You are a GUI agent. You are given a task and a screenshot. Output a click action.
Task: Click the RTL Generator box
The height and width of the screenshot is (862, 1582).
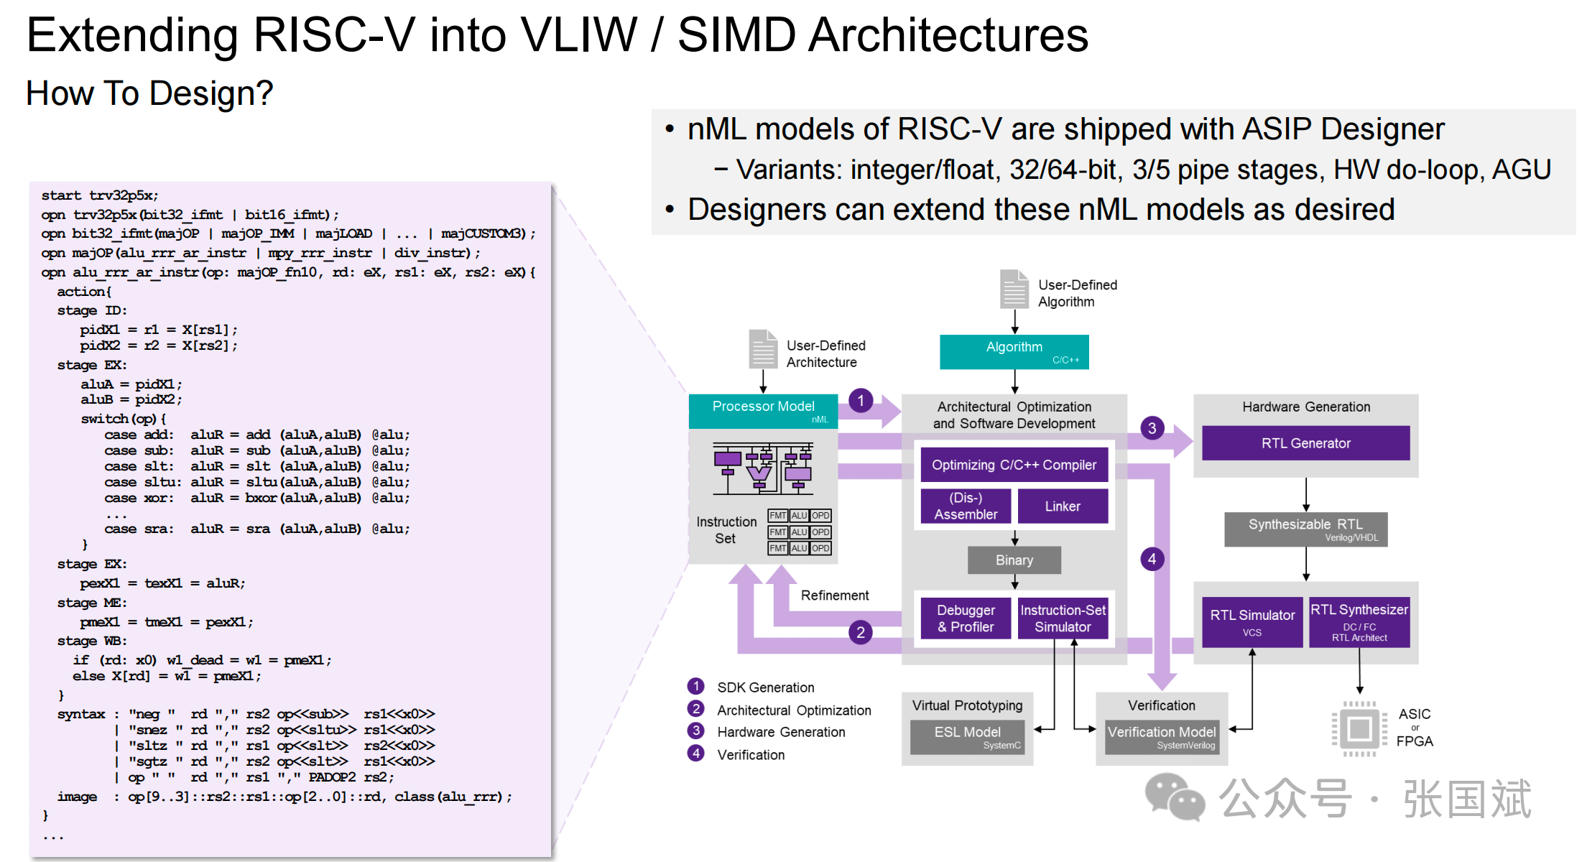click(1305, 443)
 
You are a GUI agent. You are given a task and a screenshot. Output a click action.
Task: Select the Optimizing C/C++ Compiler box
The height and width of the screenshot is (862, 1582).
click(1014, 465)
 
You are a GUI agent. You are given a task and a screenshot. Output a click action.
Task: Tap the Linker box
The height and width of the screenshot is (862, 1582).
click(1063, 506)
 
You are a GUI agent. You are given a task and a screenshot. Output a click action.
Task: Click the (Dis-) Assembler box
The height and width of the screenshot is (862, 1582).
click(966, 506)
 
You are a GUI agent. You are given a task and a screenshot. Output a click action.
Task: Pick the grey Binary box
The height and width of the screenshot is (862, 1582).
click(1014, 560)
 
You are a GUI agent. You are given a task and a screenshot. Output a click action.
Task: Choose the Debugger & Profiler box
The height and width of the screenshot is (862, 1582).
click(966, 618)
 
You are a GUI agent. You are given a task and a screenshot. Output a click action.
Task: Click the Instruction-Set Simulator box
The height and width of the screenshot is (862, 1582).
click(1063, 618)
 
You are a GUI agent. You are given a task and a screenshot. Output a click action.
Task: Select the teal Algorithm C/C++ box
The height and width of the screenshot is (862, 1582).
click(1014, 352)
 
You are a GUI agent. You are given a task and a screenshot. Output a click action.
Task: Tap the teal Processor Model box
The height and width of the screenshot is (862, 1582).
click(763, 411)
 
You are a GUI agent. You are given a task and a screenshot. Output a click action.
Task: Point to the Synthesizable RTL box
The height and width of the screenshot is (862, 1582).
click(1305, 529)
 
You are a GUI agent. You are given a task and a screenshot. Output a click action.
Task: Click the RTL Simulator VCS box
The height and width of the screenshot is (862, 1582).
click(1252, 622)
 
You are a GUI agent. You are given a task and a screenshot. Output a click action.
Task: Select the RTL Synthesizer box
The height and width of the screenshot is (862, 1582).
click(1359, 622)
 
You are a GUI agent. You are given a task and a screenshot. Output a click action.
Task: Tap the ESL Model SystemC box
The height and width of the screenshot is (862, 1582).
click(968, 737)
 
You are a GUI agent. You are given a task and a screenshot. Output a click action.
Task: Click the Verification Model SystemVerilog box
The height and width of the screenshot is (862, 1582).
click(1162, 737)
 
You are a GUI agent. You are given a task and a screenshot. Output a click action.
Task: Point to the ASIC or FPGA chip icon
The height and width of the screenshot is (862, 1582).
click(1359, 729)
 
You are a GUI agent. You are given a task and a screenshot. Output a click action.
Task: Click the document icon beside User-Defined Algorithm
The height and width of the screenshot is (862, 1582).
click(1014, 289)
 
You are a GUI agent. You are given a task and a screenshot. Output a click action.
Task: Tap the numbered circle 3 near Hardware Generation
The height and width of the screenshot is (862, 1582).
click(1152, 428)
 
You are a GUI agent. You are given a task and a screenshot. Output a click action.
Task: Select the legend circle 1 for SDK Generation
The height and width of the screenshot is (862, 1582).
click(695, 687)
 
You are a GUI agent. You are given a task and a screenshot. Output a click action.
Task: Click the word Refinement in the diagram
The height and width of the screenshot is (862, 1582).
click(835, 595)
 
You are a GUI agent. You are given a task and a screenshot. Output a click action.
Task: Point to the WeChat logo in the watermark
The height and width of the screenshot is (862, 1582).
click(1175, 797)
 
